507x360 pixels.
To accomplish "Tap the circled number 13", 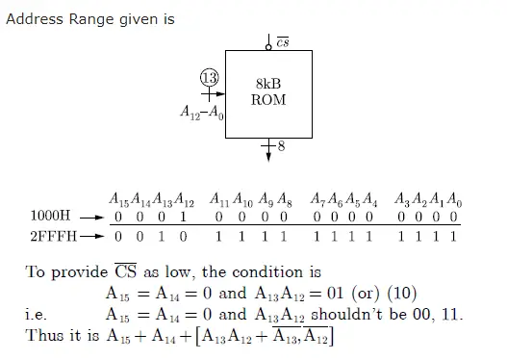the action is (209, 78).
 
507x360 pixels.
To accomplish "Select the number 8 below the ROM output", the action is (281, 147).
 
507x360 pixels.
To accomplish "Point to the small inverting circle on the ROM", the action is (268, 44).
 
